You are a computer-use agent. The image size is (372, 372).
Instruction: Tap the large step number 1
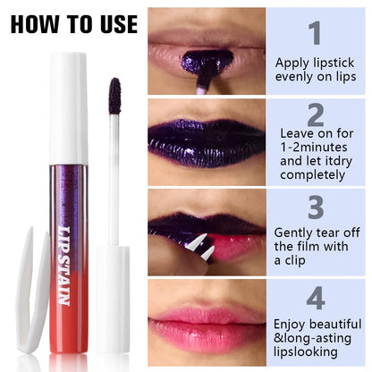[315, 33]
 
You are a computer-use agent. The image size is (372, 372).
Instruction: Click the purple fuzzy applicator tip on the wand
[114, 96]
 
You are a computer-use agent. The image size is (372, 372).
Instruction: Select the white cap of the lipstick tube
[69, 107]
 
